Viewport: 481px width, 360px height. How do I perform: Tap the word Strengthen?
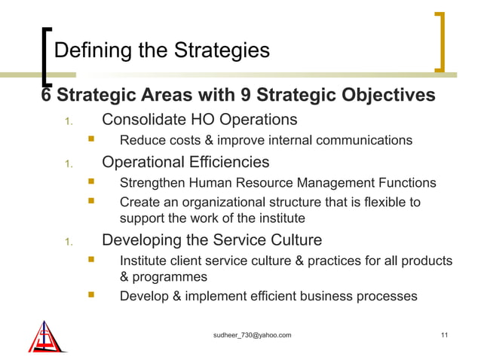[x=153, y=182]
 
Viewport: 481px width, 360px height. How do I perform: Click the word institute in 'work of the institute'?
[x=280, y=218]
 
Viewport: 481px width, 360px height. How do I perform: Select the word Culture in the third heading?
[x=295, y=240]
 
